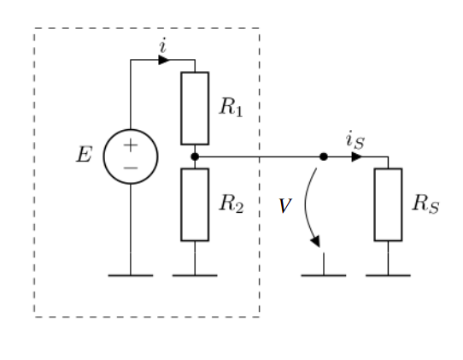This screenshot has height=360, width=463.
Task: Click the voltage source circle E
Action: [131, 157]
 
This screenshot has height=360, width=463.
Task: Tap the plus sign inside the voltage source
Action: [131, 146]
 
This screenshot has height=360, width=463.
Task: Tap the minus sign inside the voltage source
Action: [131, 168]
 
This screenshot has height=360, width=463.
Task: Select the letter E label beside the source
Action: [84, 156]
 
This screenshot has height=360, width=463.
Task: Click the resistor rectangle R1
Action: [195, 108]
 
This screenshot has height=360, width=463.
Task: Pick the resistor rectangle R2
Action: [195, 204]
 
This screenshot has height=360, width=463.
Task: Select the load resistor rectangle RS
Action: [388, 204]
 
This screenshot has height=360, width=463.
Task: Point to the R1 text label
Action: [231, 107]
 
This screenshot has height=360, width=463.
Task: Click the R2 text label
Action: [231, 204]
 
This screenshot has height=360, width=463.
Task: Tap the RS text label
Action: [425, 204]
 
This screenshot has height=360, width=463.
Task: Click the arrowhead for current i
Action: [164, 60]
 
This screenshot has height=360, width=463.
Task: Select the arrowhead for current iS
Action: [356, 156]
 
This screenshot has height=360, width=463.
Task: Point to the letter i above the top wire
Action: [162, 46]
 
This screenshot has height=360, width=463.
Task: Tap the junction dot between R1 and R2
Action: [195, 156]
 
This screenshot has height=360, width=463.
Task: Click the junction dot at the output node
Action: [324, 156]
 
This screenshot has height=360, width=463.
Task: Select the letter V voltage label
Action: [284, 206]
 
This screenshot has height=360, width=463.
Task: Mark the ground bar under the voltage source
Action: [131, 275]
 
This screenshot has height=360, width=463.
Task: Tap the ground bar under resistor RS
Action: [388, 275]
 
